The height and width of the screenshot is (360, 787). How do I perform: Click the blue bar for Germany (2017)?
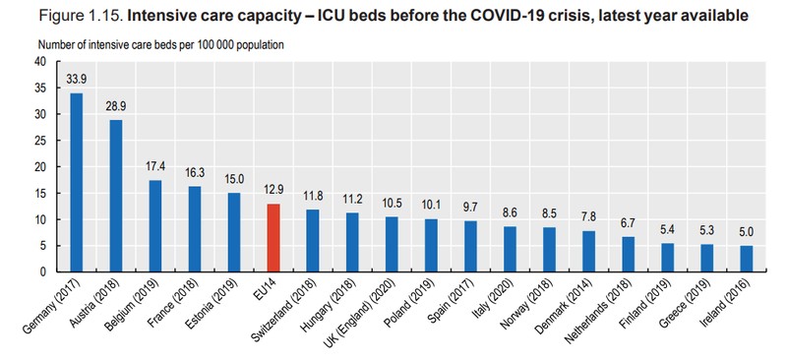pos(77,182)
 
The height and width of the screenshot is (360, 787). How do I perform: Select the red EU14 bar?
pos(273,237)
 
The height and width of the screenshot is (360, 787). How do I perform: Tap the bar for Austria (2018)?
pos(116,196)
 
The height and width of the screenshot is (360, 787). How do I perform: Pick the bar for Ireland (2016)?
pos(747,259)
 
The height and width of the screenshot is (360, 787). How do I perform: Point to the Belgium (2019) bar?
pos(155,226)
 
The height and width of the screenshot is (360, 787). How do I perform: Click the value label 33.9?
pos(77,80)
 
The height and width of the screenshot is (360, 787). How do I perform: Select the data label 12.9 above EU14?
pos(273,190)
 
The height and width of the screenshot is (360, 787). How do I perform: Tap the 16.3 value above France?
pos(195,173)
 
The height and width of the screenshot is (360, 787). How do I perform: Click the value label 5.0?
pos(747,232)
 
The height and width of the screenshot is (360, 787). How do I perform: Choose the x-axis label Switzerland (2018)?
pos(284,309)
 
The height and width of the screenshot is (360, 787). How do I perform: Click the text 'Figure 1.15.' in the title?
pos(81,16)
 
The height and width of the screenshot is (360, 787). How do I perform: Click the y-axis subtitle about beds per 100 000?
pos(161,44)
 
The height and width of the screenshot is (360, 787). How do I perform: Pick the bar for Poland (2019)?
pos(431,245)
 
